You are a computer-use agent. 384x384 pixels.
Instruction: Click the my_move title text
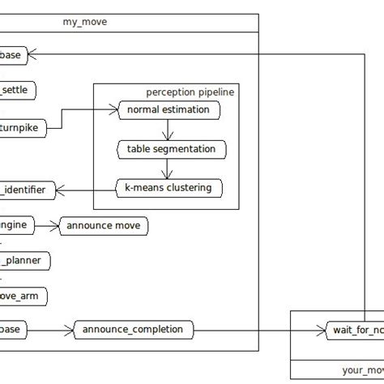coord(84,22)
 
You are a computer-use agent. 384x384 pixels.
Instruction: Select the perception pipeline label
coord(190,92)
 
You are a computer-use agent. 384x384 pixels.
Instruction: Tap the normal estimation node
coord(169,109)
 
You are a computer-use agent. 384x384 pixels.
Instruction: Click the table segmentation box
coord(171,149)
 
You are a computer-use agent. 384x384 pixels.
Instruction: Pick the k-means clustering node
coord(169,188)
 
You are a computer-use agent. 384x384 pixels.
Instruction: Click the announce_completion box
coord(134,329)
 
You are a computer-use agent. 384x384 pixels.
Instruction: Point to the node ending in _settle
coord(16,90)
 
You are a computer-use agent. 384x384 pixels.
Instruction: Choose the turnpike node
coord(23,126)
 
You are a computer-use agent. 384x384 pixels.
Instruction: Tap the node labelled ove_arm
coord(23,297)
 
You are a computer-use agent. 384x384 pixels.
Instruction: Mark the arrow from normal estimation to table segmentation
coord(166,130)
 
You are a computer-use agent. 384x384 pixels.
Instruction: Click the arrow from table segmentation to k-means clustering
coord(166,169)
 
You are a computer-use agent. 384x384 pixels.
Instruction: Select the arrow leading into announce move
coord(47,224)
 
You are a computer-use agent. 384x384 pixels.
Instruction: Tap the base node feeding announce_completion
coord(15,329)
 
